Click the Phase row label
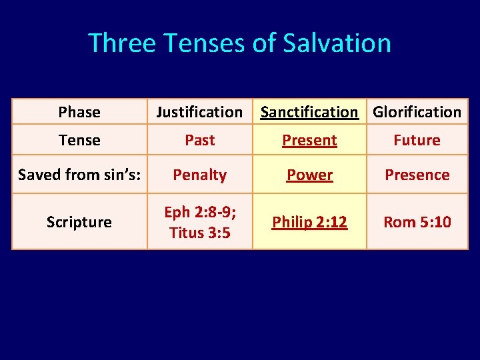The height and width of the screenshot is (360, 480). [x=79, y=112]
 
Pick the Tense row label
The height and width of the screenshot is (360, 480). [x=79, y=140]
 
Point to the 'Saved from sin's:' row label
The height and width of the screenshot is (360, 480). [x=79, y=175]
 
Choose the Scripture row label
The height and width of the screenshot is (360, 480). [x=79, y=222]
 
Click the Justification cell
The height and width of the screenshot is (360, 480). [x=199, y=112]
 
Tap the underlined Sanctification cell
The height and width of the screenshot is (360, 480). [x=309, y=112]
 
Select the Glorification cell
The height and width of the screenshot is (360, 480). [x=417, y=112]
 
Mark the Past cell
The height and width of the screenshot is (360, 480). [x=199, y=140]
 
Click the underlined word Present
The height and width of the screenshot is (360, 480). [x=309, y=140]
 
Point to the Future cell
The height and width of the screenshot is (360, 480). [x=417, y=140]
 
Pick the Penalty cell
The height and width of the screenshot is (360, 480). [x=199, y=175]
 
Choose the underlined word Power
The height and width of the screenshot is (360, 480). [x=309, y=175]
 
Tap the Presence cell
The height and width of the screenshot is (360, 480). [x=417, y=175]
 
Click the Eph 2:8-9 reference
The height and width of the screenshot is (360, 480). [x=199, y=213]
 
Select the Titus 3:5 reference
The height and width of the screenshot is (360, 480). [x=199, y=233]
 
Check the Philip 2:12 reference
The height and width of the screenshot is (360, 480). [x=309, y=222]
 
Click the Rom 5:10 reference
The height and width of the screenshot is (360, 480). [x=417, y=222]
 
